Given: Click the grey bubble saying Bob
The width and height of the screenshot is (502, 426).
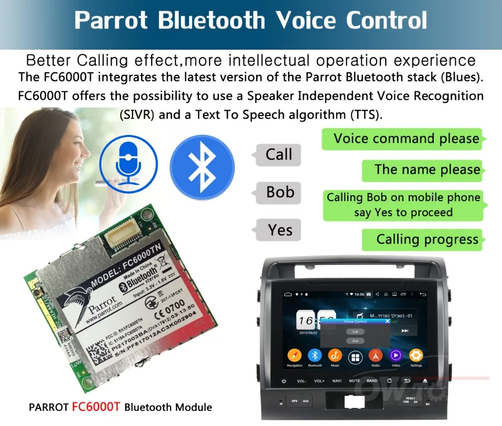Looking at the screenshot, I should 279,192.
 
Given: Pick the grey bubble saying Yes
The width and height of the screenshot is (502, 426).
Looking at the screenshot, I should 279,230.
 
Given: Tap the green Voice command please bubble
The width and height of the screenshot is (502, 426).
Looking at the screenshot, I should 405,139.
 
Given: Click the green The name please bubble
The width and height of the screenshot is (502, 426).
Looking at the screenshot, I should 425,170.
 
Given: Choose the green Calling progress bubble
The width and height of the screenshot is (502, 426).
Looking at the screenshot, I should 425,239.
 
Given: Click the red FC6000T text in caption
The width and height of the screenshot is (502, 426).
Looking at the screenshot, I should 96,406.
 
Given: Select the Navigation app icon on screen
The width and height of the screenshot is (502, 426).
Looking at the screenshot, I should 295,356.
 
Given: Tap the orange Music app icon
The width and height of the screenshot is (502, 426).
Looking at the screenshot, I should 335,356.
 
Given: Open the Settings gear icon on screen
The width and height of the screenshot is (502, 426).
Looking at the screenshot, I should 416,356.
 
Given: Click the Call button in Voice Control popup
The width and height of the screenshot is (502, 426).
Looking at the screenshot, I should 355,332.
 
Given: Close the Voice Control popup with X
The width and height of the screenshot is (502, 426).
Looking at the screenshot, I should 387,321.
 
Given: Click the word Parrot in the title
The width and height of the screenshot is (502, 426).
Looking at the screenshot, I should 111,21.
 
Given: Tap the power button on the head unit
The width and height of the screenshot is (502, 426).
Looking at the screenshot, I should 284,381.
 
